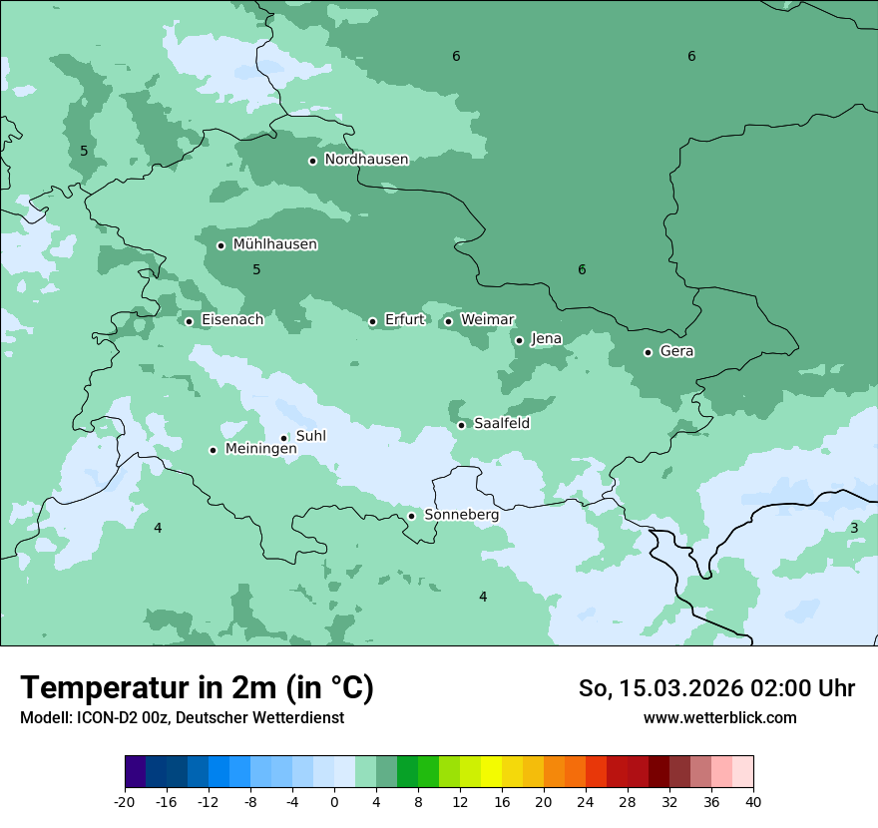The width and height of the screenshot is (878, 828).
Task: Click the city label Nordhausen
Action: [x=366, y=160]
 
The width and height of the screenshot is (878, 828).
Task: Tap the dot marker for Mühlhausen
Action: [x=221, y=245]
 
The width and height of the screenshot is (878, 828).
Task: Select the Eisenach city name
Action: [x=231, y=320]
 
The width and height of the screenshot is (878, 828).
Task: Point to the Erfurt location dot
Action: [x=373, y=321]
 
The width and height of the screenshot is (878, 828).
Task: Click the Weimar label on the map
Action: [x=487, y=320]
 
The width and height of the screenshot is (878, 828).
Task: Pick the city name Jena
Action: [x=546, y=339]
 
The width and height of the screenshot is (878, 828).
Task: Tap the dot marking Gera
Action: [x=649, y=352]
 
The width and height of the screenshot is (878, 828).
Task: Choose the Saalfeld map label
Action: [x=501, y=424]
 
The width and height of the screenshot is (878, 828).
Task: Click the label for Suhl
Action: [x=310, y=436]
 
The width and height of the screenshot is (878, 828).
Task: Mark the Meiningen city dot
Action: [x=214, y=450]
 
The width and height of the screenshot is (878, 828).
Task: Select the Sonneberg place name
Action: [x=461, y=516]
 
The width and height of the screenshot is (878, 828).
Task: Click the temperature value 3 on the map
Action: [x=854, y=528]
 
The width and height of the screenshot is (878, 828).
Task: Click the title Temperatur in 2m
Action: [x=197, y=688]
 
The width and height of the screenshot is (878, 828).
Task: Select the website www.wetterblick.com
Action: [x=719, y=717]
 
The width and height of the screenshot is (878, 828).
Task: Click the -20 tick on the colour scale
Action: [x=125, y=801]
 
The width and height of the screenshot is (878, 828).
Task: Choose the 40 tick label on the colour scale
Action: [x=752, y=801]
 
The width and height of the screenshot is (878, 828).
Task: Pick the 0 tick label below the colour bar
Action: [x=334, y=801]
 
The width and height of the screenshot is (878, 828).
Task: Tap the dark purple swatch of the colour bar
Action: [x=135, y=772]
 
